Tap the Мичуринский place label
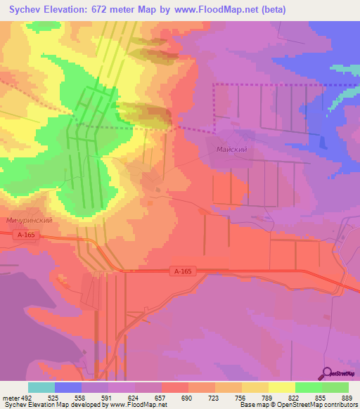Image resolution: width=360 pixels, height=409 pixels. click(30, 220)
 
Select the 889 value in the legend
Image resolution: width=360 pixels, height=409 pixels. click(348, 397)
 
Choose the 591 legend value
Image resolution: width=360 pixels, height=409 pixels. click(108, 397)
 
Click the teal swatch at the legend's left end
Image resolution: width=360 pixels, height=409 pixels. click(41, 387)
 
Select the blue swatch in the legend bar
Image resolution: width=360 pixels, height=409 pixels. click(68, 387)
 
